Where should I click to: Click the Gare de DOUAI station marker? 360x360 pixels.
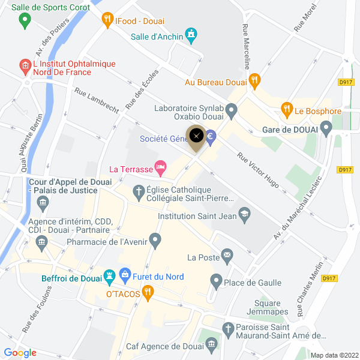click(326, 128)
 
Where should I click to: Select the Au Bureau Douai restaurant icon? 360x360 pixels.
click(254, 80)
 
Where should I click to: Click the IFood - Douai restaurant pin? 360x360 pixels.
click(107, 19)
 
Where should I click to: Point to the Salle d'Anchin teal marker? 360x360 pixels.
click(191, 35)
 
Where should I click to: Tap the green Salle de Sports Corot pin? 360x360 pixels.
click(25, 21)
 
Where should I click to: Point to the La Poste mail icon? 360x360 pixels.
click(227, 257)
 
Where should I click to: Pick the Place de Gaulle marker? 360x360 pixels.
click(216, 280)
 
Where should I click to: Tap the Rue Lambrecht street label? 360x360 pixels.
click(97, 101)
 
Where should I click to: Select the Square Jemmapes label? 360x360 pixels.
click(267, 307)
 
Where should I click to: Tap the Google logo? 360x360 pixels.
click(20, 353)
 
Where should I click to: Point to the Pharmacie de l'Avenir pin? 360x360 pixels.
click(155, 242)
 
